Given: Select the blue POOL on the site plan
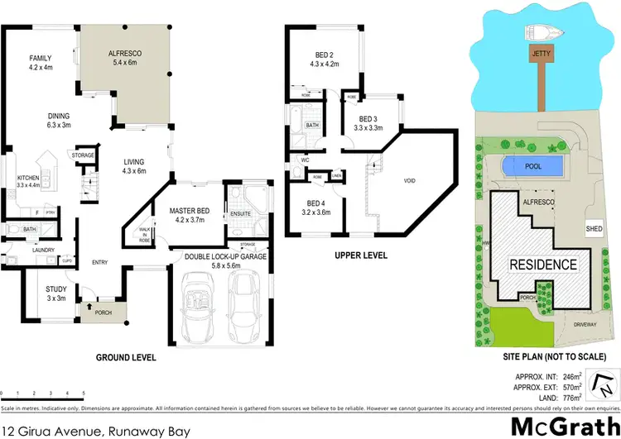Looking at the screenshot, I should point(533,166).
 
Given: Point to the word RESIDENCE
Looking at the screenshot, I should point(542,265).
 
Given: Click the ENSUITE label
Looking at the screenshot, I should point(241,214).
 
